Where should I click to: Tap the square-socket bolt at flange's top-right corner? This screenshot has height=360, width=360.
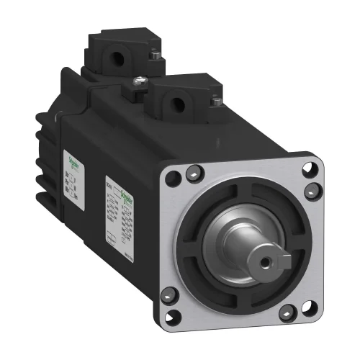tap(310, 189)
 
